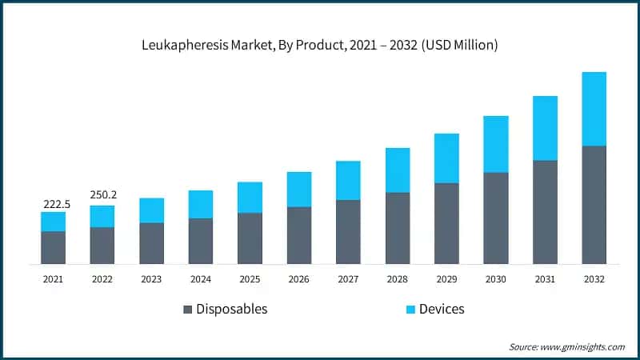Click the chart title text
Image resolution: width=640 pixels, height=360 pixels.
tap(320, 45)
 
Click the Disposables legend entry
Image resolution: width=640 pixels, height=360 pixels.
tap(231, 309)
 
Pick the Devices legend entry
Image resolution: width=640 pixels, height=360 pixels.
tap(441, 309)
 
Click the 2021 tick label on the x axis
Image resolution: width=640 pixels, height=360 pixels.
tap(53, 279)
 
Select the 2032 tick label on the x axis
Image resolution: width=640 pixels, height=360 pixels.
tap(594, 279)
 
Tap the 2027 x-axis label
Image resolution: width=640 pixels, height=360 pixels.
tap(348, 279)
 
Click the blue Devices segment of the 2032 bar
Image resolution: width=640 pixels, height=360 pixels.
tap(594, 109)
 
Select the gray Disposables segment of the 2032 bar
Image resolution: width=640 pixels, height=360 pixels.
tap(594, 205)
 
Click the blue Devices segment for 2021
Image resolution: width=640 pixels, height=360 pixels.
tap(53, 222)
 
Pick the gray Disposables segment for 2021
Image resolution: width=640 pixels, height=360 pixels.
tap(53, 247)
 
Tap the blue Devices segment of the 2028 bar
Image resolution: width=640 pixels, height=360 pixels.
tap(398, 170)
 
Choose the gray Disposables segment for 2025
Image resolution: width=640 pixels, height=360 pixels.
tap(250, 238)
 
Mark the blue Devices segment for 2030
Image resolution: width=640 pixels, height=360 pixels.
tap(495, 144)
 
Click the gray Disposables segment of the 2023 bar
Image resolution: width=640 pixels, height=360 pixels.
tap(151, 243)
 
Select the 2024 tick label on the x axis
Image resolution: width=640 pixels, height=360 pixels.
tap(201, 279)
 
